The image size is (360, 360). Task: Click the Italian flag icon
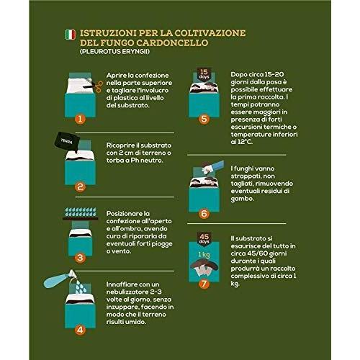point(71,35)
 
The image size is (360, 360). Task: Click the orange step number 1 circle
point(80,119)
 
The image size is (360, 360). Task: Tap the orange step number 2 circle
point(80,186)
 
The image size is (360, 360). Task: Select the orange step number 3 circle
point(80,258)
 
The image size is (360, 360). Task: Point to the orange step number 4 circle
point(80,330)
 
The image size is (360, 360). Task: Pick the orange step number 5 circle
point(204,119)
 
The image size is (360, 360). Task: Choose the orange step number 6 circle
point(204,213)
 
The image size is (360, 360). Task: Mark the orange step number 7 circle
point(204,284)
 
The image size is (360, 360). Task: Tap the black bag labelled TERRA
point(67,142)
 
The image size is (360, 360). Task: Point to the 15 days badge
point(204,74)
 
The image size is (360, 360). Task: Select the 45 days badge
point(204,238)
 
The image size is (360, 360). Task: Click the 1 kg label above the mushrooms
point(204,254)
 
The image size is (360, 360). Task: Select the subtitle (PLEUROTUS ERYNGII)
point(114,52)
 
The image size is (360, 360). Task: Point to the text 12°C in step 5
point(245,142)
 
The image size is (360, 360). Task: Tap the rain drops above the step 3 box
point(81,212)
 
